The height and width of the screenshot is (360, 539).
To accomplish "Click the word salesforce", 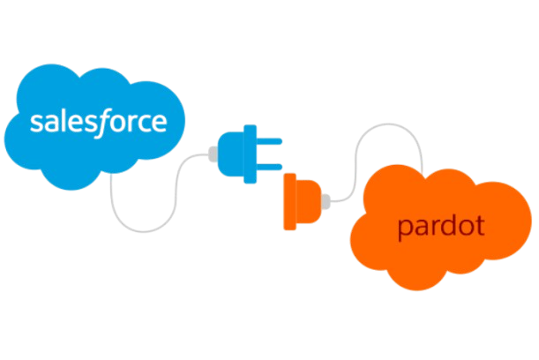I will tap(98, 121).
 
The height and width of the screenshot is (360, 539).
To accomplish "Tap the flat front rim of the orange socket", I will tap(288, 202).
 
